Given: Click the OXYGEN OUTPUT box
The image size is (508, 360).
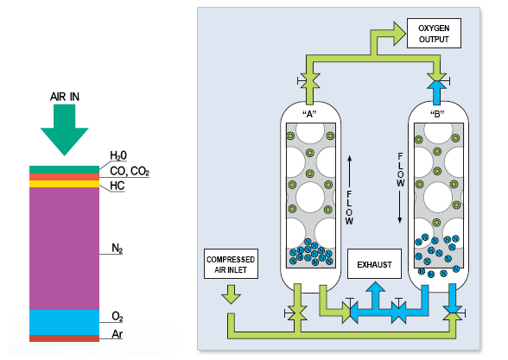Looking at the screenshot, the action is tap(434, 34).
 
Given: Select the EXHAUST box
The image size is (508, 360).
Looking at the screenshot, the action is tap(374, 264).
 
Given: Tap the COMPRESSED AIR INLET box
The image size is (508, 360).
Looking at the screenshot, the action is tap(231, 264).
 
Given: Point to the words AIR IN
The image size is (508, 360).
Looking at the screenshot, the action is tap(65, 97).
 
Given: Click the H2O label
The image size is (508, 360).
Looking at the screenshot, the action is tap(118, 155).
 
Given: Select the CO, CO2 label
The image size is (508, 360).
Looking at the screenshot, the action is tap(130, 171).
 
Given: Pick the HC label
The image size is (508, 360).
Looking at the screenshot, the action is tap(117, 186).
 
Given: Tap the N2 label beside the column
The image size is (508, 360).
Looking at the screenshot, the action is tap(117, 249).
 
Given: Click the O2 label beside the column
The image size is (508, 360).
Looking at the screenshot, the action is tap(117, 316).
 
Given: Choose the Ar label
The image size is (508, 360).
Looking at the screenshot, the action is tap(117, 334).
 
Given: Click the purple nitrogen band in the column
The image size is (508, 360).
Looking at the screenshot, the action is tap(65, 249).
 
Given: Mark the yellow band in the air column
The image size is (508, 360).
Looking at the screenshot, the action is tap(65, 184).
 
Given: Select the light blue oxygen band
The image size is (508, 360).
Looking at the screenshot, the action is tap(65, 323).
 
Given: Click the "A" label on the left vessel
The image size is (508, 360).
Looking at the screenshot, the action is tap(309, 114).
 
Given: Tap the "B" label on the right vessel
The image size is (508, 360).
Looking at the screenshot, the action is tap(437, 114).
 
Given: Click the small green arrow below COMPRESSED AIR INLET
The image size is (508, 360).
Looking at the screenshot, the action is tap(231, 294).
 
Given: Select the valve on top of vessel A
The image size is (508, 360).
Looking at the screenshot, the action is tap(309, 80).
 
